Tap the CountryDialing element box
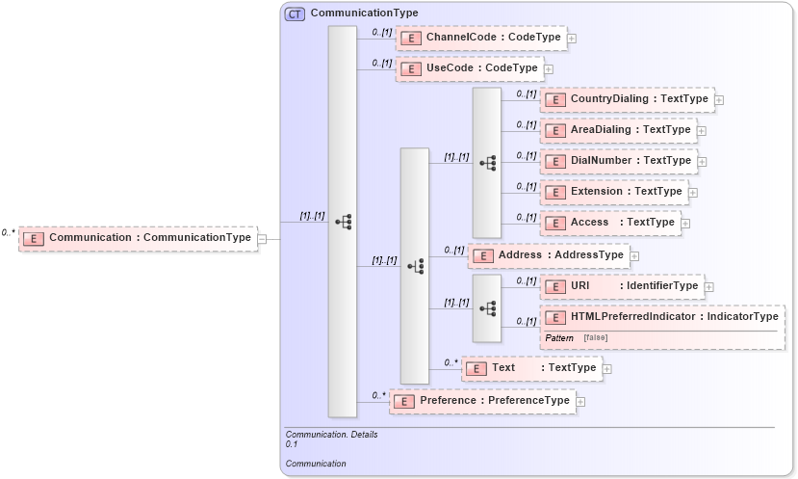[625, 99]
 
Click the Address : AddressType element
[546, 255]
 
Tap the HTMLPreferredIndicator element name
[632, 316]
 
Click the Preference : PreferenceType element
[480, 401]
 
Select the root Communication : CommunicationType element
[137, 238]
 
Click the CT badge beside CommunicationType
[294, 13]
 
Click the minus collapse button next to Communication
[262, 238]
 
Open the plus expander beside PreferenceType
[580, 402]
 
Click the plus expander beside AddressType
[634, 256]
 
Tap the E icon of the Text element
[476, 368]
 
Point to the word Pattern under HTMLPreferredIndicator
[558, 338]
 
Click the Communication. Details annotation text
[331, 435]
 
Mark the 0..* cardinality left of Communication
[8, 232]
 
